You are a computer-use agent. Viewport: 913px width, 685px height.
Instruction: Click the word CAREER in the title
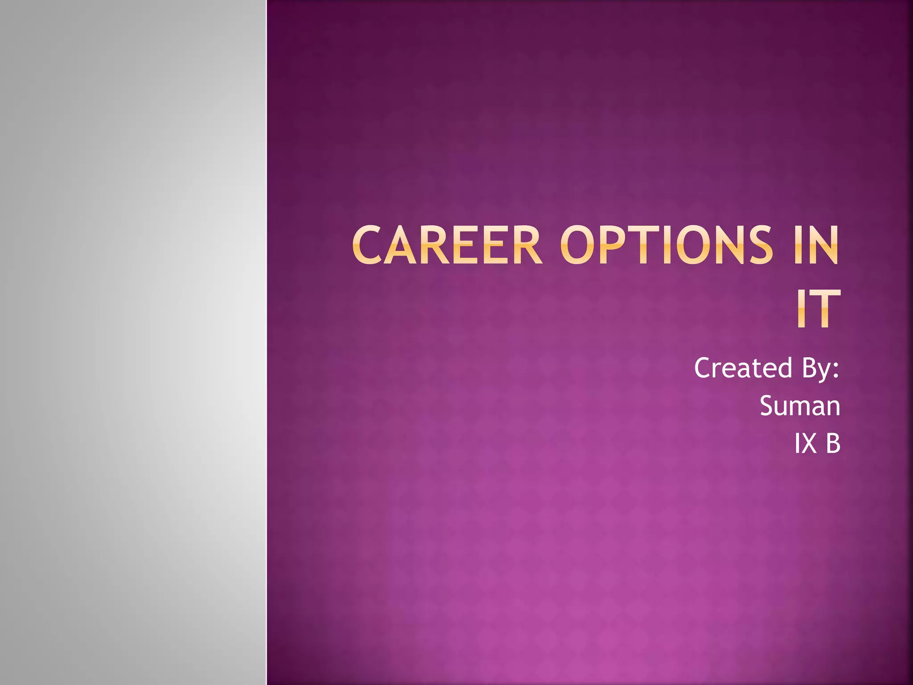tap(447, 245)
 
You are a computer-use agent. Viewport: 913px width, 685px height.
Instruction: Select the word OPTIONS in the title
tap(666, 245)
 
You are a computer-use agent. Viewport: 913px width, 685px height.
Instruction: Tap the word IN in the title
tap(815, 245)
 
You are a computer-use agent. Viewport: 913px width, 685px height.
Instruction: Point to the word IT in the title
tap(818, 309)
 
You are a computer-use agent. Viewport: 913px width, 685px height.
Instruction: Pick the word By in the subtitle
tap(816, 369)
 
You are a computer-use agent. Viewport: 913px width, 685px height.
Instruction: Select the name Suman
tap(800, 406)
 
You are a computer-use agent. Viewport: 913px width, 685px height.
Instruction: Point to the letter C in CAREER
tap(368, 245)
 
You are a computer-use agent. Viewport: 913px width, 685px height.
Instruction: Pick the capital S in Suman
tap(768, 406)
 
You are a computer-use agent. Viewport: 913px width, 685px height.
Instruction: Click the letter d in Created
tap(784, 368)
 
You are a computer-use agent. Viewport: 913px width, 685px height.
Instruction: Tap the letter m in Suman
tap(800, 408)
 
